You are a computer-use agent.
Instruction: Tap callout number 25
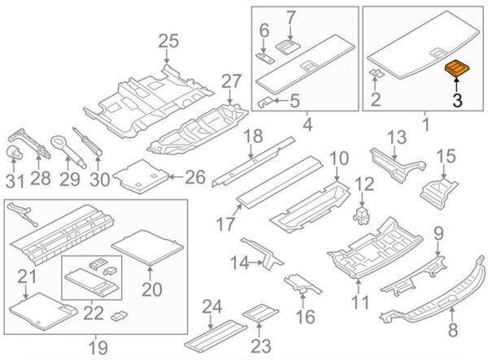167,41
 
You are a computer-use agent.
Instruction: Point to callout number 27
232,81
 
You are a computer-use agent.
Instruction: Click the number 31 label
15,178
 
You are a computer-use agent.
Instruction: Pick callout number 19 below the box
98,348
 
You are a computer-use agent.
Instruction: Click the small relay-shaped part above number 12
361,215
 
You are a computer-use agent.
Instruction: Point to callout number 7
291,15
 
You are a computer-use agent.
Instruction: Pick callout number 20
152,288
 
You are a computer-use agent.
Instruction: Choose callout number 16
307,316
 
